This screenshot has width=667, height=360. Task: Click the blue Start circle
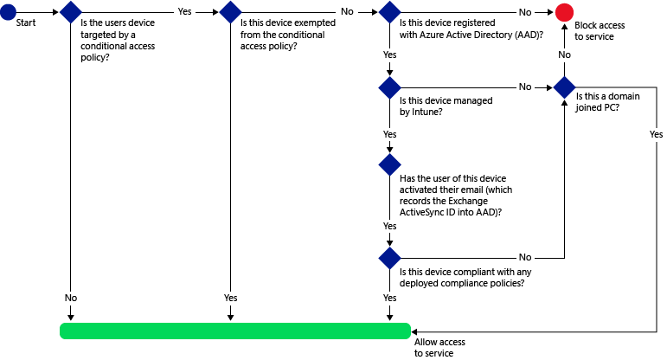[x=9, y=13]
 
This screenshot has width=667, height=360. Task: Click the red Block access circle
[x=564, y=13]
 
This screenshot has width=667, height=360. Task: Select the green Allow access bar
[x=234, y=331]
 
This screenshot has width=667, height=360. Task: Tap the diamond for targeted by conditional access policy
[x=70, y=13]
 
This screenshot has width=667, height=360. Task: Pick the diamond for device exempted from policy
[x=230, y=13]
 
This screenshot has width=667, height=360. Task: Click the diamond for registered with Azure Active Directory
[x=389, y=13]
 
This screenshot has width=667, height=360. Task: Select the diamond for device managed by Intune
[x=389, y=87]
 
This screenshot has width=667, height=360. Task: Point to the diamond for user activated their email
[x=389, y=164]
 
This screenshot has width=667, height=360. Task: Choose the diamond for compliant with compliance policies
[x=389, y=257]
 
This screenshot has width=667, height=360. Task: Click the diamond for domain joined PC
[x=564, y=87]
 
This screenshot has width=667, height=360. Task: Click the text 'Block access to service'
[x=600, y=31]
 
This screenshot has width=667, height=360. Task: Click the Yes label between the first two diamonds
[x=185, y=12]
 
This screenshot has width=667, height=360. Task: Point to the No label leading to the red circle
[x=524, y=12]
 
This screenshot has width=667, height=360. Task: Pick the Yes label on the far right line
[x=656, y=134]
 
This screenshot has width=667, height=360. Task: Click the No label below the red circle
[x=564, y=54]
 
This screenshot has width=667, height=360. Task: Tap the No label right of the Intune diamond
[x=524, y=87]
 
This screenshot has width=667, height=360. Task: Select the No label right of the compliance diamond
[x=524, y=257]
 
